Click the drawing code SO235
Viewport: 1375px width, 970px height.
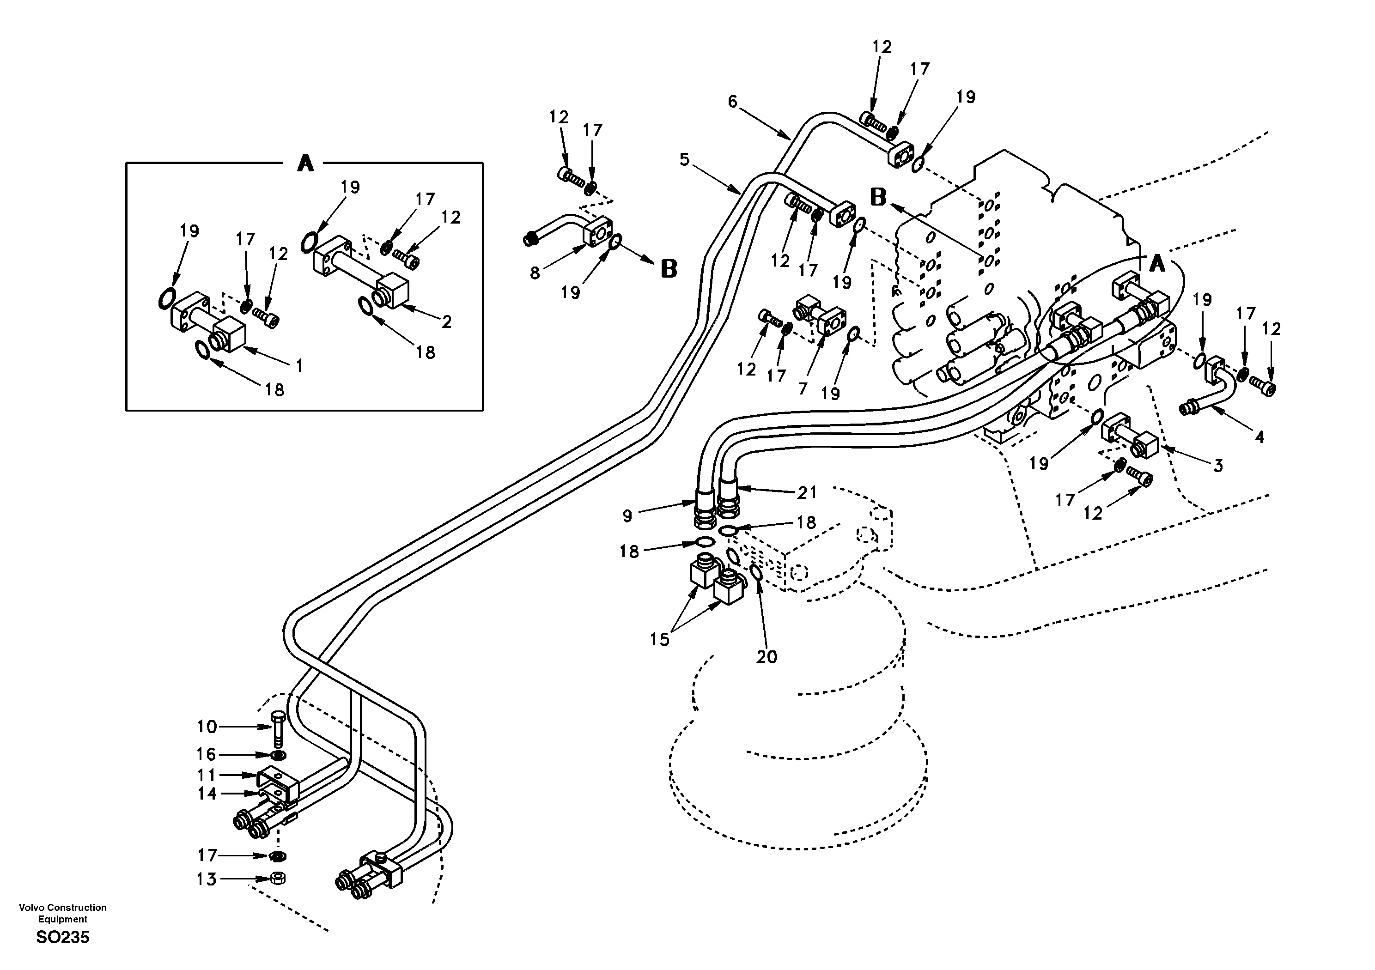pos(62,938)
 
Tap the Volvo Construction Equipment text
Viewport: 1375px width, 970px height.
pos(62,913)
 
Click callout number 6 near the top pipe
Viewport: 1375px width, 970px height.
pos(732,102)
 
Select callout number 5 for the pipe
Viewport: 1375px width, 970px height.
pos(685,159)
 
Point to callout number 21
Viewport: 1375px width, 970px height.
pos(807,492)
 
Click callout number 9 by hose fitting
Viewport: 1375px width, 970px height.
pos(627,515)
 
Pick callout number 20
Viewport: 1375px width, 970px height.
pos(766,657)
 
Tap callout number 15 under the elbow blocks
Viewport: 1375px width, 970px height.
pos(659,639)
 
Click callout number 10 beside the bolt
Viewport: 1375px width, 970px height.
pos(207,727)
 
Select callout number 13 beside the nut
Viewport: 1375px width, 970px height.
pos(207,879)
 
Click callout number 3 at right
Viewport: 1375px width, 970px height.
pos(1217,465)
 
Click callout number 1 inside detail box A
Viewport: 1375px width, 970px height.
pos(299,365)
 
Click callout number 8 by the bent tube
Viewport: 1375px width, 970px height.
pos(534,273)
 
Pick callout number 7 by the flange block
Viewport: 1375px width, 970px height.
pos(803,388)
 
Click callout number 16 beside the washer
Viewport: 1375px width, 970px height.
pos(207,754)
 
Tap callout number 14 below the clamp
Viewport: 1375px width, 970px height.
pos(207,794)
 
